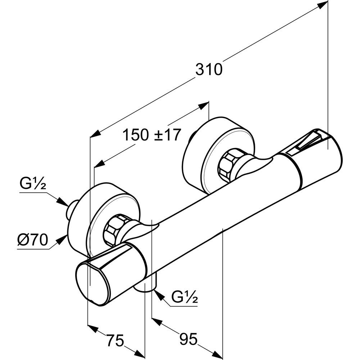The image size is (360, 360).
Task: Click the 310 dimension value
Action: tap(209, 69)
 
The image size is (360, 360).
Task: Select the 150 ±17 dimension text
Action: tap(151, 135)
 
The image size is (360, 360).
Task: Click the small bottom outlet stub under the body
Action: tap(146, 286)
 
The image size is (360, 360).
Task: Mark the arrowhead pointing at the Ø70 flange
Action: tap(64, 238)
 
